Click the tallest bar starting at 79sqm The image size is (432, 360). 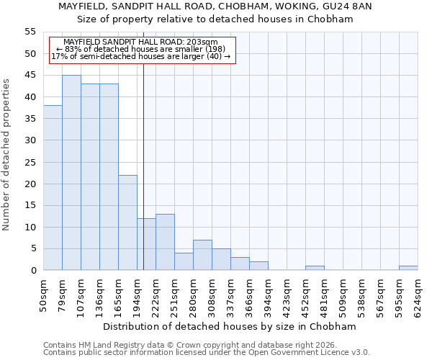[71, 173]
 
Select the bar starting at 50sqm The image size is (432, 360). [53, 188]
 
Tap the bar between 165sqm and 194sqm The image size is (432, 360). [127, 222]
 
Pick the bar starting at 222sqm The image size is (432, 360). [165, 242]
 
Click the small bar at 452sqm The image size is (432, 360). [315, 268]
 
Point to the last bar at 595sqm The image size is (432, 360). [408, 268]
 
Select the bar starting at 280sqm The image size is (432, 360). [202, 255]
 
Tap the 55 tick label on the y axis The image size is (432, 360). [30, 32]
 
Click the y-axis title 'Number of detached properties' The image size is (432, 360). [6, 155]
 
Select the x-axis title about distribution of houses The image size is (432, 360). [230, 326]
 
